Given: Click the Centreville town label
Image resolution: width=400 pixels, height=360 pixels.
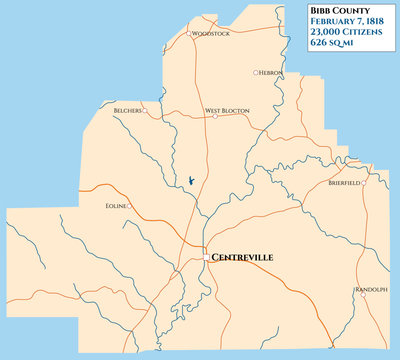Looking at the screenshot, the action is (x=243, y=257).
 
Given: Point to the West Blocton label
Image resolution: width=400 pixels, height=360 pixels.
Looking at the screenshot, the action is (x=226, y=110).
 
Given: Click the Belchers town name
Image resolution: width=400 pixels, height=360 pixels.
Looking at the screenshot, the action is (x=127, y=110).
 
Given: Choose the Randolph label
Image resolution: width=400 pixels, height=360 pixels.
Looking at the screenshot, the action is (x=370, y=290).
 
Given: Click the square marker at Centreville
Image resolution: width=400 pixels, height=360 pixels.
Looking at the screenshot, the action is (x=206, y=257).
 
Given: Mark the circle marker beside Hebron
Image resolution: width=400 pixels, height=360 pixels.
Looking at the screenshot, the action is (x=256, y=72).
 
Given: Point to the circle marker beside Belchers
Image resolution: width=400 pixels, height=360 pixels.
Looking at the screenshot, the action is (x=145, y=110).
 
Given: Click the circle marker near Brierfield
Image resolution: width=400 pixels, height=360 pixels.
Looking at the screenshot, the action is (x=363, y=183).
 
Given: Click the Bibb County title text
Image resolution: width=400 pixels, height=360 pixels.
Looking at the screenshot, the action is (x=338, y=11).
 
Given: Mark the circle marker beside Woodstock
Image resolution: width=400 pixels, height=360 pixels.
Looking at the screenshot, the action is (x=191, y=33).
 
